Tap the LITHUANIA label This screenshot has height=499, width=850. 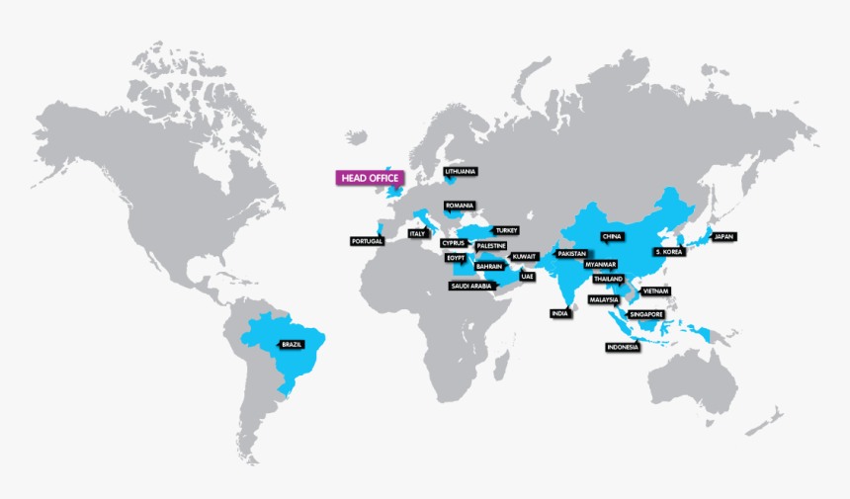click(461, 171)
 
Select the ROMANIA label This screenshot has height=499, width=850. click(460, 206)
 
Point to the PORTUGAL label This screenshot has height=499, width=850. click(366, 241)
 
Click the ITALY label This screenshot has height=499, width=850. click(418, 234)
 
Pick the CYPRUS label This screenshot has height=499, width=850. click(454, 243)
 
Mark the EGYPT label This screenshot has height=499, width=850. click(455, 257)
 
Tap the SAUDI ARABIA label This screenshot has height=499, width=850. click(471, 287)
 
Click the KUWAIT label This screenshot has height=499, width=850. click(524, 256)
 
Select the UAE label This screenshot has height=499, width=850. click(527, 277)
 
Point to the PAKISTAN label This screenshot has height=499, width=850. click(571, 254)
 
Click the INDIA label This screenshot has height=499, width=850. click(559, 313)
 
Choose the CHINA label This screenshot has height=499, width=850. click(611, 237)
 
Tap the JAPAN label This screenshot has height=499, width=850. click(724, 237)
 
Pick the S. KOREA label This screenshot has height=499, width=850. click(668, 252)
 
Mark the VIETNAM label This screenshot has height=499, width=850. click(655, 291)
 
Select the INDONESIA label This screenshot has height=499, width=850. click(623, 347)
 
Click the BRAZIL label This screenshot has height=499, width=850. click(291, 344)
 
